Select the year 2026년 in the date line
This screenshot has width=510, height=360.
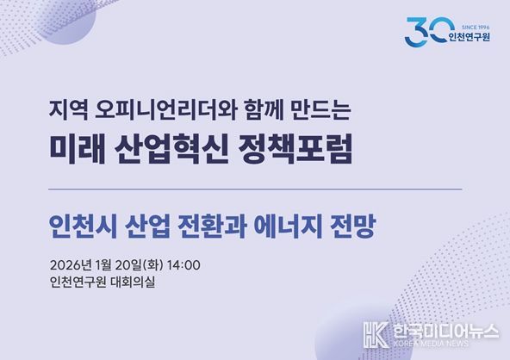75,264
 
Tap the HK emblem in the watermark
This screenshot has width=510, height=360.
374,334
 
